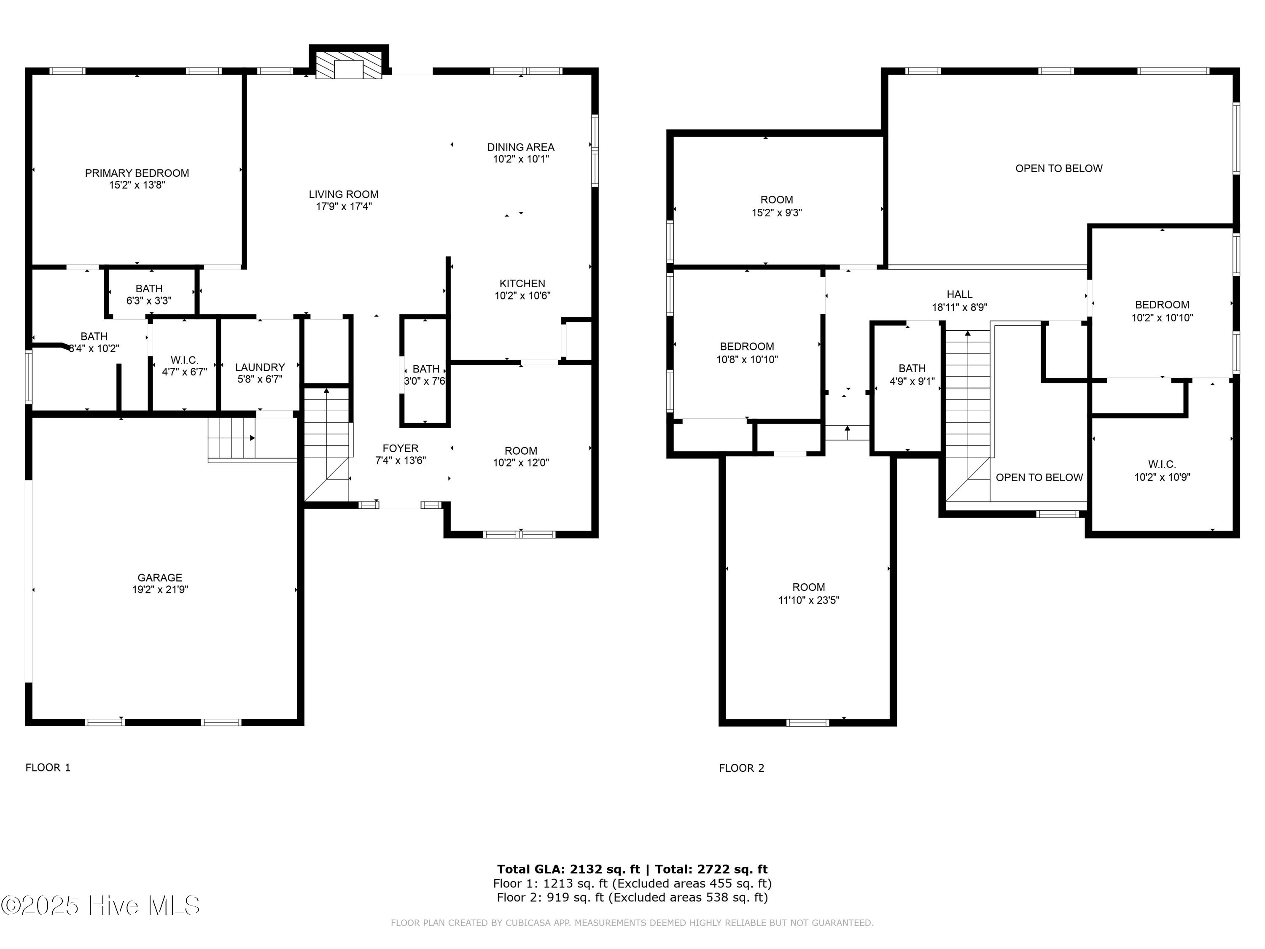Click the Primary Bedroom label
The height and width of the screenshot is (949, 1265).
[137, 173]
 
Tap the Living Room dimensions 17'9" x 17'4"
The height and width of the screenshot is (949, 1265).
[344, 207]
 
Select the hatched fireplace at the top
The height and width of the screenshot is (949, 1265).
[349, 67]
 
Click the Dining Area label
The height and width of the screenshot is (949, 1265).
[521, 147]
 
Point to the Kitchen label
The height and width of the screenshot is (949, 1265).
[522, 283]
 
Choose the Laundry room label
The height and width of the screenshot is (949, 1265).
[260, 367]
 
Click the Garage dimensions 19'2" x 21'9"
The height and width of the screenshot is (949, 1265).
[160, 590]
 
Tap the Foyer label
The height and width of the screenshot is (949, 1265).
[400, 448]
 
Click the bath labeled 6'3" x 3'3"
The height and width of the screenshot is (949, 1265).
[149, 294]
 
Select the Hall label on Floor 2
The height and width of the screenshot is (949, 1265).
[960, 294]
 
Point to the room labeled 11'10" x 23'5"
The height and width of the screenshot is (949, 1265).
[809, 593]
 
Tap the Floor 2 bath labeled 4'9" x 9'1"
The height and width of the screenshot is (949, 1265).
[912, 375]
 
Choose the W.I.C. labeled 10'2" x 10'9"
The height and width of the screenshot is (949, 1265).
[1162, 471]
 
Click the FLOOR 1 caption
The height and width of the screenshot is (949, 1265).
[48, 768]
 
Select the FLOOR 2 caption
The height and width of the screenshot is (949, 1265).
[741, 768]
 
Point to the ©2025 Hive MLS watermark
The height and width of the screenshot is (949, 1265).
[101, 906]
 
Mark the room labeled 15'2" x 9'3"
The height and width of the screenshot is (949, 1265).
[777, 206]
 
